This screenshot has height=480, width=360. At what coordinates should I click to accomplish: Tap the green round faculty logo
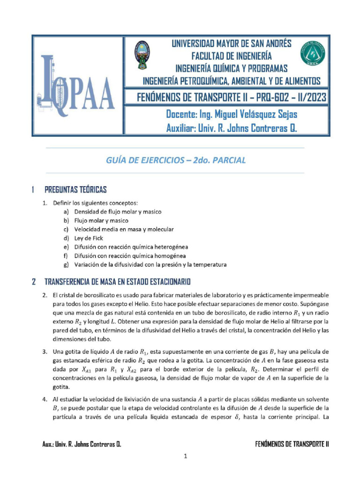pyautogui.click(x=312, y=55)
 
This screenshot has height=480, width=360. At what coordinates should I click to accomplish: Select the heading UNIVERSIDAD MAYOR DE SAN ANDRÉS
pyautogui.click(x=231, y=44)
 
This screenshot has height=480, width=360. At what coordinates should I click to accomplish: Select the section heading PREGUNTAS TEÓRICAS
pyautogui.click(x=75, y=190)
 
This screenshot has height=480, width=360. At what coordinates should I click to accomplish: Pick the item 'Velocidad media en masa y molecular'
pyautogui.click(x=124, y=229)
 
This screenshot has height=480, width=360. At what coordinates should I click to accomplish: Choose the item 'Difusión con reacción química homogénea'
pyautogui.click(x=130, y=256)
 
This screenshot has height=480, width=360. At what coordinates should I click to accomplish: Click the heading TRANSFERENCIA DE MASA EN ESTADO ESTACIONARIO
pyautogui.click(x=117, y=282)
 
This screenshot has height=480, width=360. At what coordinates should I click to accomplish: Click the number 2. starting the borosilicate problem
pyautogui.click(x=45, y=295)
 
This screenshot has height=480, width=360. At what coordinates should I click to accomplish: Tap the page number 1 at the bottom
pyautogui.click(x=186, y=457)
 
